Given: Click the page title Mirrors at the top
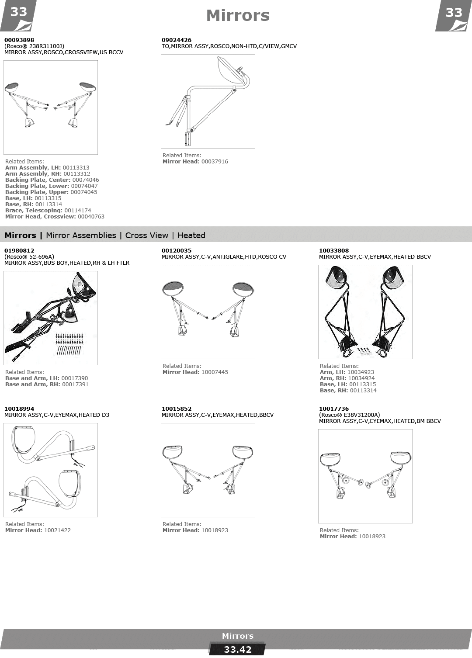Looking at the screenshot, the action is pos(238,16).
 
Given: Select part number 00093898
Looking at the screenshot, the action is pos(19,40).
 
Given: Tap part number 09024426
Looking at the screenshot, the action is pos(176,40).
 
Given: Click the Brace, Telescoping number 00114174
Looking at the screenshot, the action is pos(78,210).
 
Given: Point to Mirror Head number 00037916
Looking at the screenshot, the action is pos(215,161).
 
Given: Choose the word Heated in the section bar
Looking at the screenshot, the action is pos(191,235).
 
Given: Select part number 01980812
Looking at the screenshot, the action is pos(19,250).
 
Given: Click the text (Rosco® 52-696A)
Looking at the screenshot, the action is pos(29,256).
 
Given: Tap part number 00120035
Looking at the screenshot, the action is pos(176,250).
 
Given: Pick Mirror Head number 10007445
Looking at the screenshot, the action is pos(215,372).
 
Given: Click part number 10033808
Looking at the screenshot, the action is pos(334,250).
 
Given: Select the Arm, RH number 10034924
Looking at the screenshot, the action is pos(361,378).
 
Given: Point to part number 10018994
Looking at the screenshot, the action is pos(19,409).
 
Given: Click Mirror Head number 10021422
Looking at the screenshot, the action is pos(57,530).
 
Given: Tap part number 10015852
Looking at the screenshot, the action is pos(176,409).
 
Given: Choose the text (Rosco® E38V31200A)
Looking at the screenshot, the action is pos(350,415).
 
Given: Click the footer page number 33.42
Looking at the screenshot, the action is pos(238,649).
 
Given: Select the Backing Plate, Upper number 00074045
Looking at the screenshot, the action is pos(84,192).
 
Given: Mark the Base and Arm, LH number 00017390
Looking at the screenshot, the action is pos(75,378).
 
